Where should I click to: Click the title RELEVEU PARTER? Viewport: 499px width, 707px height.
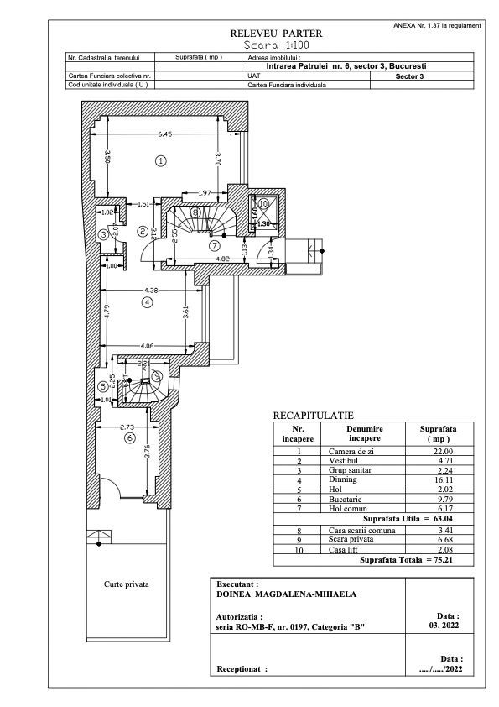coord(276,34)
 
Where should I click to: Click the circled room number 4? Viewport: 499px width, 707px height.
coord(147,301)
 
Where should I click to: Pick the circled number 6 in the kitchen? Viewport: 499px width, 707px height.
coord(129,437)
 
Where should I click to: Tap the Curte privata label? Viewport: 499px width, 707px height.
coord(126,584)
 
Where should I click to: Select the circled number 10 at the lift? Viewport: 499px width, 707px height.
coord(262,203)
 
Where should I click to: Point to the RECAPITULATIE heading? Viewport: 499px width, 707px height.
coord(314,416)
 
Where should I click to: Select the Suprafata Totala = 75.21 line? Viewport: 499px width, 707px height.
coord(407,559)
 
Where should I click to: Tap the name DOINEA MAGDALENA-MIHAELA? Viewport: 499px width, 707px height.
coord(287,594)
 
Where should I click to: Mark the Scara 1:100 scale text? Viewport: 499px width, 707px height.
coord(276,45)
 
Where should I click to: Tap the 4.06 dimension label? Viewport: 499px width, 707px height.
coord(147,345)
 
